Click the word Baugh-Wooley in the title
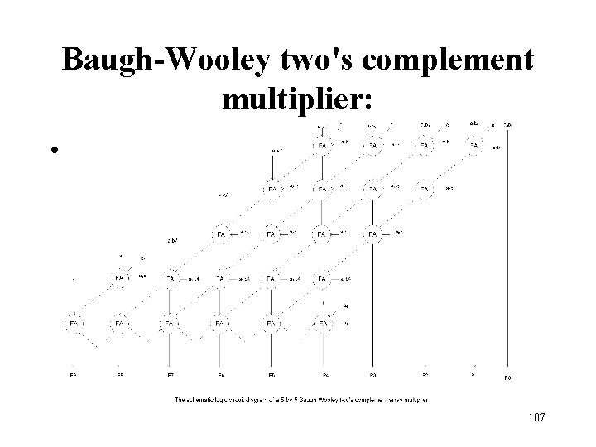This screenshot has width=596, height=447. [166, 60]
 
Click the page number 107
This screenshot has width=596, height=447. [534, 417]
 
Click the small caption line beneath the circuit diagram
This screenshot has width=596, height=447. [306, 400]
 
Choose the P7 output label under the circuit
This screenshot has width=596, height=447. [171, 376]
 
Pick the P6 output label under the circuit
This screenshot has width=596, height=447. [221, 376]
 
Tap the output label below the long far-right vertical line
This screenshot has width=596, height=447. [507, 377]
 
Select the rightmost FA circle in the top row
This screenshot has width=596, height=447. [475, 146]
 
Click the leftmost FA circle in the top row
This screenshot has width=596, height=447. [323, 146]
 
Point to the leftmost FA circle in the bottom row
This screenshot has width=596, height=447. [74, 323]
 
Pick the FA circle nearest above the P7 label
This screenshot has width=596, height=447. [171, 323]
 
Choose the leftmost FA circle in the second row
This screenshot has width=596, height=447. [272, 190]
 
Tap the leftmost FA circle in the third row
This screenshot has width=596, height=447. [221, 235]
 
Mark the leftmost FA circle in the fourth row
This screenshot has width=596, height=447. [121, 279]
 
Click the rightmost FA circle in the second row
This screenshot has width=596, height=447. [425, 190]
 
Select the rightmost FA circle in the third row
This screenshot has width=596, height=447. [373, 235]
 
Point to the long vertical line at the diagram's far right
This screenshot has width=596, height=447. [507, 248]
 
